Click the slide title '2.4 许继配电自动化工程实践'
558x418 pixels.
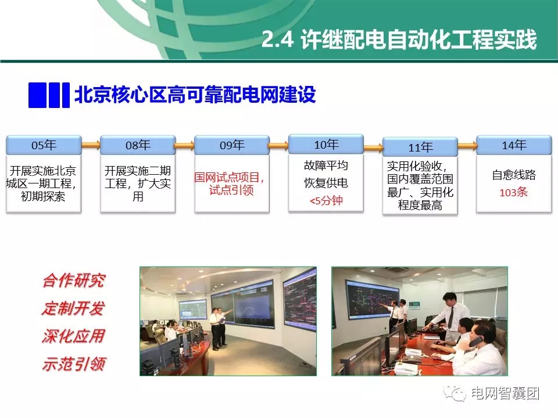point(398,41)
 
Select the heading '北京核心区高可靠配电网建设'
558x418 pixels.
point(195,95)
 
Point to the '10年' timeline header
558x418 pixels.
point(326,144)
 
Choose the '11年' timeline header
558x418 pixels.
point(420,147)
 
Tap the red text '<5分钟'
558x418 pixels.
point(326,201)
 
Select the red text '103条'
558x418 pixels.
point(514,192)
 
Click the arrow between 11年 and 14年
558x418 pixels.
point(467,145)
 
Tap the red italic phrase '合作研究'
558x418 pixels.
point(73,281)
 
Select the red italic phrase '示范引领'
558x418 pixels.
point(73,364)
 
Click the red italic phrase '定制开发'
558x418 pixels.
point(73,309)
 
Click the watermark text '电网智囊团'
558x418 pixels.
point(505,393)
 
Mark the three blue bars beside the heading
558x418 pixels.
point(49,95)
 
